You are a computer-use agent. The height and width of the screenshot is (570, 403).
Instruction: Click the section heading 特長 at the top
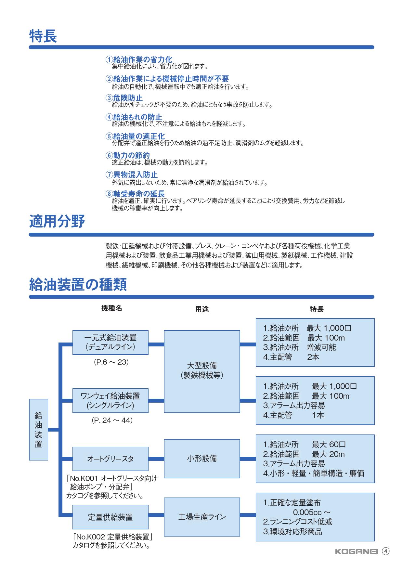point(43,36)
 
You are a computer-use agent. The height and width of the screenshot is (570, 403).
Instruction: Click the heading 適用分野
point(57,222)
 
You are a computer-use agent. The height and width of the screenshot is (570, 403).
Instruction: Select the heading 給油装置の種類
point(78,284)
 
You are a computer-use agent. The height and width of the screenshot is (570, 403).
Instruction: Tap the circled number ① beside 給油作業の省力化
point(109,60)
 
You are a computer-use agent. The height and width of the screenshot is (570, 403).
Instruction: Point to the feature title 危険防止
point(128,98)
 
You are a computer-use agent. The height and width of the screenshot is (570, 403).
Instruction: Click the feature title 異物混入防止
point(135,175)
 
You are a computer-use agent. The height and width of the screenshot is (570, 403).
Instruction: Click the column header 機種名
point(112,308)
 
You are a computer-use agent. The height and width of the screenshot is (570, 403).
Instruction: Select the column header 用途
point(202,309)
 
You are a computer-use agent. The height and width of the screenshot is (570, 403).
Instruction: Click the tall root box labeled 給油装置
point(38,430)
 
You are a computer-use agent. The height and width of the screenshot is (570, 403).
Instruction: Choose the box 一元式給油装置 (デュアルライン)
point(110,343)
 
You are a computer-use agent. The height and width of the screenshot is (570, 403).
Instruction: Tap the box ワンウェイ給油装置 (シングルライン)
point(110,401)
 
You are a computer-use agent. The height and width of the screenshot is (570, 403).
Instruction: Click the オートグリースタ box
point(110,459)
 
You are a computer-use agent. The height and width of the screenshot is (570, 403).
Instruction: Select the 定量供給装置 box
point(110,517)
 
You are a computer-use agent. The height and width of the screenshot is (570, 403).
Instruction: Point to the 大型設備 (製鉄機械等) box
point(202,371)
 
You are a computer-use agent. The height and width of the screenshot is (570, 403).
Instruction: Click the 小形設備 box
point(202,459)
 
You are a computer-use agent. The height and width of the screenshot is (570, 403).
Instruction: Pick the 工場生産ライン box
point(202,517)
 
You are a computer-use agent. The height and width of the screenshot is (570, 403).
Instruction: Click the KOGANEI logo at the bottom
point(356,551)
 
